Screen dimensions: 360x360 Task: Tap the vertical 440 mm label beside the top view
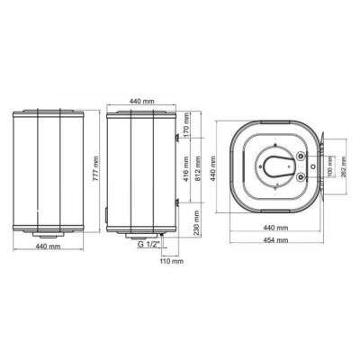[213, 171]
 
